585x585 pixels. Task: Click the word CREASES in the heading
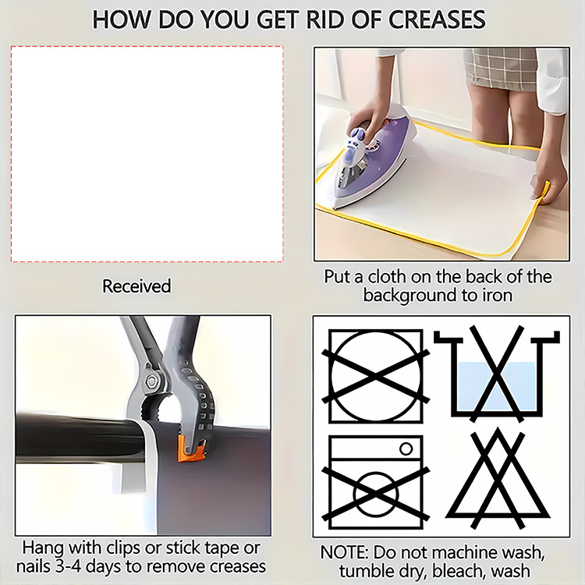[x=437, y=19]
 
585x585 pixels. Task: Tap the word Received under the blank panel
[x=136, y=286]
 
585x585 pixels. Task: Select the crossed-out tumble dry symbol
[x=376, y=376]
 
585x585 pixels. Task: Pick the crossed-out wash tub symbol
[x=497, y=374]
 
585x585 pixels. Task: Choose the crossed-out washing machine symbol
[x=376, y=482]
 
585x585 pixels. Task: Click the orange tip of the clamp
[x=191, y=448]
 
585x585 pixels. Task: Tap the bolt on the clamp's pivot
[x=152, y=381]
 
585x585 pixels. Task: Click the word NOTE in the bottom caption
[x=343, y=552]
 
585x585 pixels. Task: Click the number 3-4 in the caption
[x=69, y=566]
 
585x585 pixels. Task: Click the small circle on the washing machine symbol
[x=406, y=448]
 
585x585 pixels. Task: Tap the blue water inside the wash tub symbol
[x=497, y=386]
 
